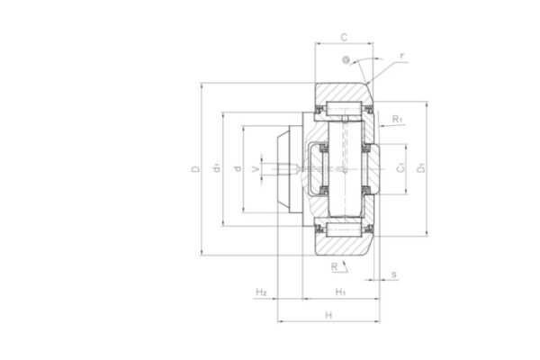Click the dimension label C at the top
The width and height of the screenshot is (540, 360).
[344, 37]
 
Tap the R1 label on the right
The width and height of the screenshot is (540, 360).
[398, 118]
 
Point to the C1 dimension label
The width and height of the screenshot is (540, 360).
[400, 168]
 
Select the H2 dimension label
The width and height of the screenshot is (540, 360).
[261, 292]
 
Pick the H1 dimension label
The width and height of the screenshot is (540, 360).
[340, 292]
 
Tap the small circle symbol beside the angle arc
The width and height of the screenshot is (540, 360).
[345, 60]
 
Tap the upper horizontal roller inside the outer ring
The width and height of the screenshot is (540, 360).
[346, 111]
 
